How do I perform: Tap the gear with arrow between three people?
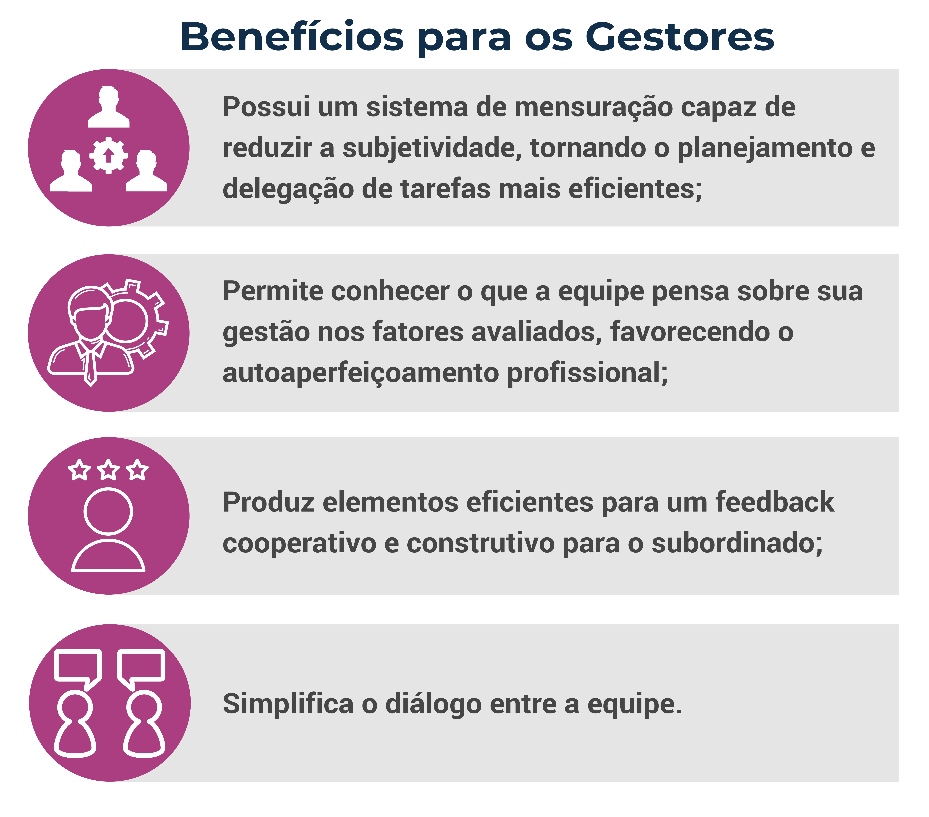coord(108,155)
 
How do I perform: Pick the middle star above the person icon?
coord(108,469)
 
